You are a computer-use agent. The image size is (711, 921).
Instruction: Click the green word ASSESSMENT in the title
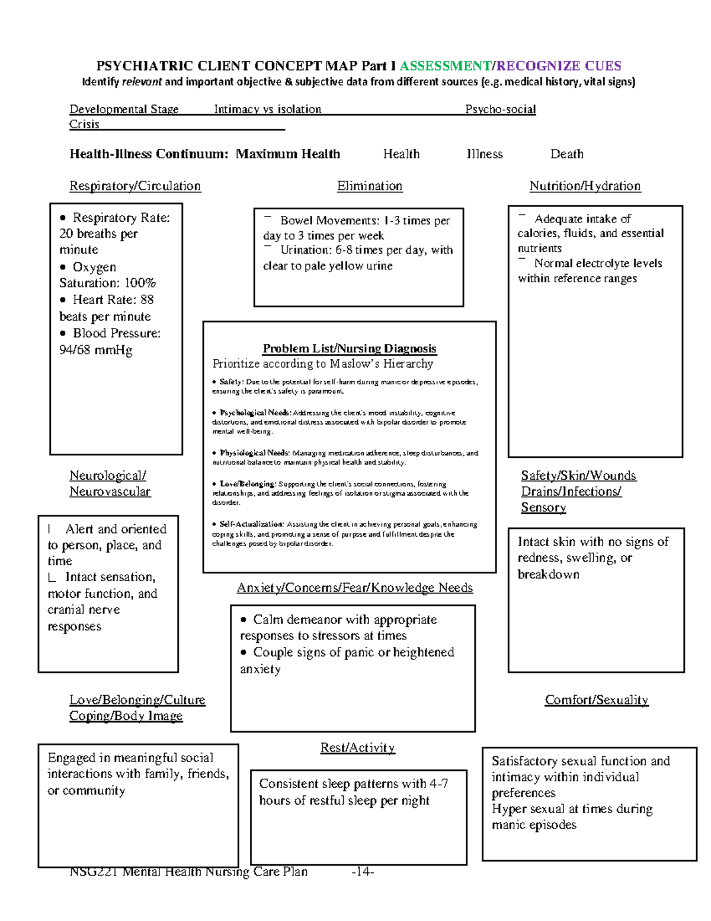point(445,66)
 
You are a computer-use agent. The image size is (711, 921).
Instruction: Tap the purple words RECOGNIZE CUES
point(559,66)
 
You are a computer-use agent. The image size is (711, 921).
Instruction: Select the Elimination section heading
point(370,186)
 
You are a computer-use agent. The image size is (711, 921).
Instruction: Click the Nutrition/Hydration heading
point(585,186)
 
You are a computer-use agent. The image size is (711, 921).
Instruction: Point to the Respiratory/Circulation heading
point(135,186)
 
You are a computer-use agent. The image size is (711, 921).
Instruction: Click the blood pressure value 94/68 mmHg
point(96,350)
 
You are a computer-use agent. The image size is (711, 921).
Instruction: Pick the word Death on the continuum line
point(567,154)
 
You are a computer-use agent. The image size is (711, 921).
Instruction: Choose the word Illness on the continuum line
point(485,154)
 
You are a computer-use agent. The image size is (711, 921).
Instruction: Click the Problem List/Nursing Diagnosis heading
point(350,349)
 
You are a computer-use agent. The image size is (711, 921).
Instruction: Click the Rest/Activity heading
point(357,748)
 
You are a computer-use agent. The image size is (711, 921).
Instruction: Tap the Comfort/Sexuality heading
point(596,700)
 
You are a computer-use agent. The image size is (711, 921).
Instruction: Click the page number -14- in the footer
point(363,872)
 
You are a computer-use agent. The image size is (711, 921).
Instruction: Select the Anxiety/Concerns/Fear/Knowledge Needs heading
point(355,588)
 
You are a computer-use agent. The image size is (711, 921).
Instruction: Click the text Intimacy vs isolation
point(267,109)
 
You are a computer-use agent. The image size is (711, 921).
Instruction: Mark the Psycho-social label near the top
point(500,109)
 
